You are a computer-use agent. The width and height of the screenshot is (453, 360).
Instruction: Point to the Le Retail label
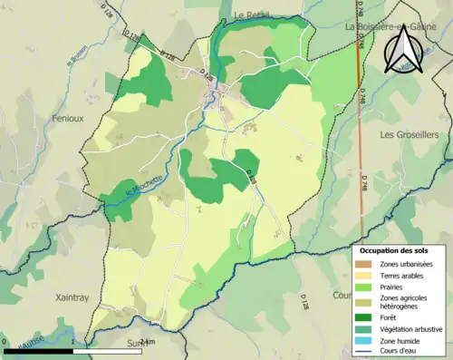click(x=254, y=16)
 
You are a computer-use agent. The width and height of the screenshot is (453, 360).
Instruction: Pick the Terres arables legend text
click(x=406, y=275)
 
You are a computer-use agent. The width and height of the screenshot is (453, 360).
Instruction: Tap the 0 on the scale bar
click(x=5, y=342)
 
